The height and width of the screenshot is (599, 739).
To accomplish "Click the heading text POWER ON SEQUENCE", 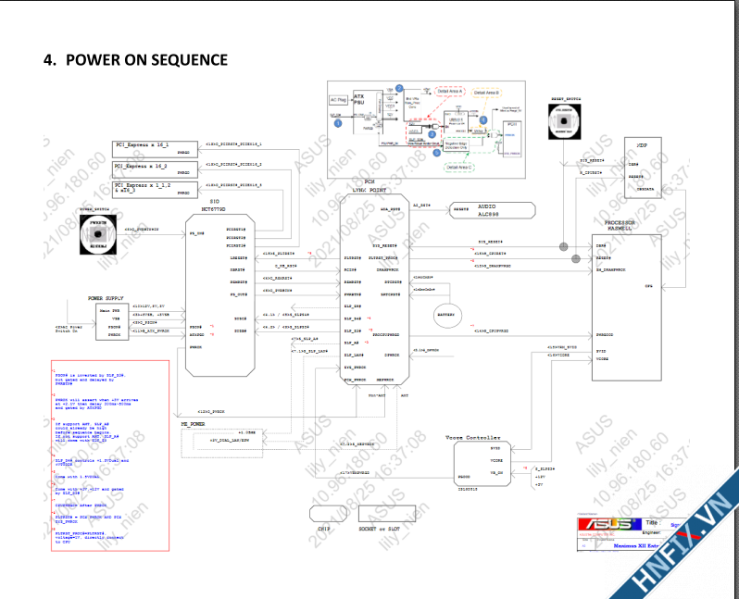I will coord(135,60).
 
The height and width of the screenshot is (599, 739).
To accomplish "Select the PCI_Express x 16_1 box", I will coord(154,146).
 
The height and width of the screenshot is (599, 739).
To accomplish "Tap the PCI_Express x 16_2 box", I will coord(154,168).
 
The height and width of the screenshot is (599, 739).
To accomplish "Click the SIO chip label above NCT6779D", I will coord(214,200).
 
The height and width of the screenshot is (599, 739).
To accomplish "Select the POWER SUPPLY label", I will coord(107,299).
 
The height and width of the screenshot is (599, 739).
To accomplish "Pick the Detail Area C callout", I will coord(459,168).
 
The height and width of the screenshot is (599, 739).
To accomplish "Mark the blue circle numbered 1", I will coord(338,121).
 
